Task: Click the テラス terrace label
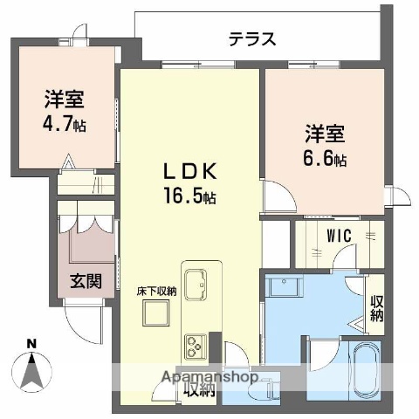(x=253, y=38)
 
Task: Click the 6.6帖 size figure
(x=325, y=160)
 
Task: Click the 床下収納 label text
(x=155, y=292)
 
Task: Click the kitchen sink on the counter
(x=196, y=284)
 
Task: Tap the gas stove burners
(x=194, y=343)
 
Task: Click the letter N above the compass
(x=31, y=343)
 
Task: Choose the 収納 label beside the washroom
(x=376, y=308)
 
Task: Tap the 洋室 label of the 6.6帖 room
(x=325, y=135)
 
